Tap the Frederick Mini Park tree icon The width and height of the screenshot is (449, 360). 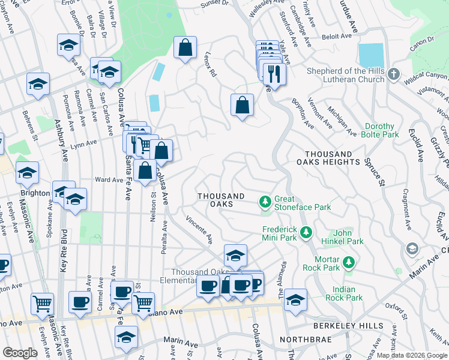tap(306, 231)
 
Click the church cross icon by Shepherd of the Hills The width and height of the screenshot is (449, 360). tap(393, 74)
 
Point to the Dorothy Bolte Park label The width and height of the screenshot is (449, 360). tap(379, 131)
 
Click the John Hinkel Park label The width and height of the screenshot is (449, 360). tap(348, 236)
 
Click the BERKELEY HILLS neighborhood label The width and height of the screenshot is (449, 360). tap(348, 326)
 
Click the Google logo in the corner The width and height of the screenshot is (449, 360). tap(20, 352)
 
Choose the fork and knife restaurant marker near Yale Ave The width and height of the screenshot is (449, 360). tap(274, 74)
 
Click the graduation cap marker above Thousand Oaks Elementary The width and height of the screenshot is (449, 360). tap(236, 255)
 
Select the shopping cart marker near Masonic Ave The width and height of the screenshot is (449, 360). tap(42, 304)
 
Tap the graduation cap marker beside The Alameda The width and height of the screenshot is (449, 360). tap(295, 300)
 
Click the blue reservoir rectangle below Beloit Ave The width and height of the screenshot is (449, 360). tap(371, 56)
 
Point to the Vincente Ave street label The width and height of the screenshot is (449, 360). tap(199, 230)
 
